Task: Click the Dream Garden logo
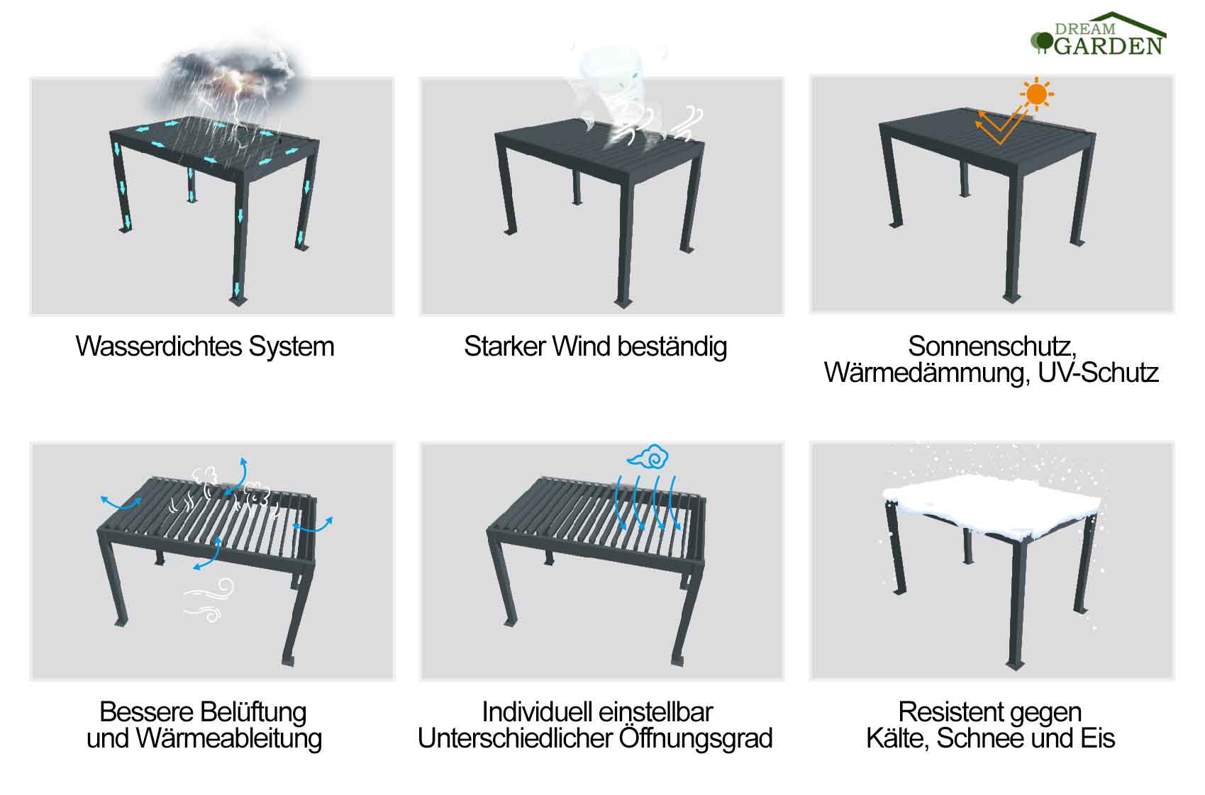[x=1099, y=35]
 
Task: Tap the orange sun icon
[x=1037, y=94]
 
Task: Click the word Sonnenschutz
[x=991, y=346]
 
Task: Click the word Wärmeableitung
[x=228, y=739]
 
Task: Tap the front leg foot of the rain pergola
[x=239, y=300]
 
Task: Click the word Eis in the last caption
[x=1098, y=739]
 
